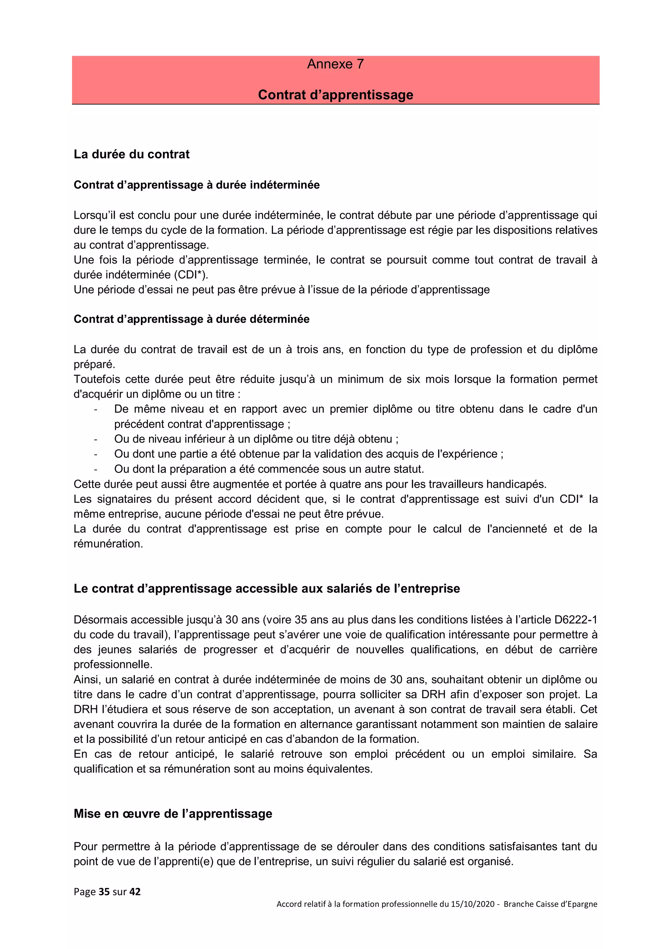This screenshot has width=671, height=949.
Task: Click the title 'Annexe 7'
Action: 335,64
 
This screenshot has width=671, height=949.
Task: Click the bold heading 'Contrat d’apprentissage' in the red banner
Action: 335,95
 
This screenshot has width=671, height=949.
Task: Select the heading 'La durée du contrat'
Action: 131,154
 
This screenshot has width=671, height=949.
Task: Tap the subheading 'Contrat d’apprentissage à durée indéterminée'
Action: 196,185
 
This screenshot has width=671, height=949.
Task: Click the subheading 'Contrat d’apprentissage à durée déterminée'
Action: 191,319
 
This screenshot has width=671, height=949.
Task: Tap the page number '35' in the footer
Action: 104,892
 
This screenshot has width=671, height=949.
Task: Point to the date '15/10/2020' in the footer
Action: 472,904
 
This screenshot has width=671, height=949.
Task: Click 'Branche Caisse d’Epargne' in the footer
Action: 550,904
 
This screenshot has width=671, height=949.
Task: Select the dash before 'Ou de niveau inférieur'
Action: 95,439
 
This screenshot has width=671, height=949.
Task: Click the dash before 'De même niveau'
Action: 95,409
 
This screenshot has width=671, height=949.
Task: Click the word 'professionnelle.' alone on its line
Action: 113,664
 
